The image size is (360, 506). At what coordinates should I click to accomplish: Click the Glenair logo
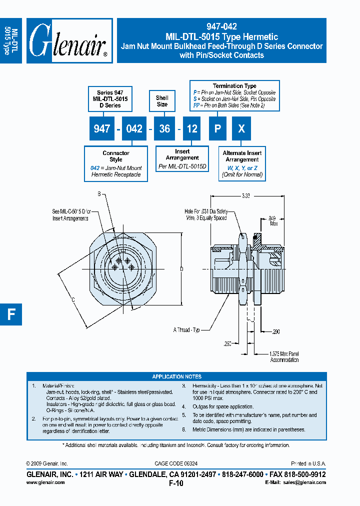69,41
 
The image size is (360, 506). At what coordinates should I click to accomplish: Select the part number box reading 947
102,129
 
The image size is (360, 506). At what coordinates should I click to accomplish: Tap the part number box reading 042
134,129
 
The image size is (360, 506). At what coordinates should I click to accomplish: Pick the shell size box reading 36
164,129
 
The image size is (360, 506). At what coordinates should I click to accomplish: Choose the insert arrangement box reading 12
192,129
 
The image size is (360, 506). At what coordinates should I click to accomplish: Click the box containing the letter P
217,129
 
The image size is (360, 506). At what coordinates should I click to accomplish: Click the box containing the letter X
241,129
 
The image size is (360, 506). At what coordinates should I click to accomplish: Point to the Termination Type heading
234,86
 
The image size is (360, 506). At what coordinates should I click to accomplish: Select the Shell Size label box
162,101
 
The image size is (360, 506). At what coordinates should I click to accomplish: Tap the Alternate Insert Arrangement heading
242,156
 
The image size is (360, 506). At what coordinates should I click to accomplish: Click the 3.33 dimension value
245,196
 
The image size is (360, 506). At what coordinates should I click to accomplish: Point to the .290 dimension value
275,331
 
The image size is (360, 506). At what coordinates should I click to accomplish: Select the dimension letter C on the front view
73,299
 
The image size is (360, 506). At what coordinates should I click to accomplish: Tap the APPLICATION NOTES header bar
176,376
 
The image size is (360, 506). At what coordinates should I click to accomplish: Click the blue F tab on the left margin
11,314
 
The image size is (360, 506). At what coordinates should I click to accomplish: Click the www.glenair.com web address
45,482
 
